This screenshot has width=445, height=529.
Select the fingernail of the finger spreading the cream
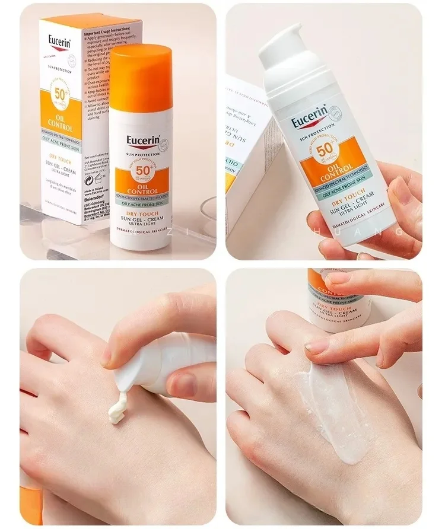pos(315,346)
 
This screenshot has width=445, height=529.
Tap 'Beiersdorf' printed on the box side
pos(96,202)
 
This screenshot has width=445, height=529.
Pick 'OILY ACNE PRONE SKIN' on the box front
pos(60,140)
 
